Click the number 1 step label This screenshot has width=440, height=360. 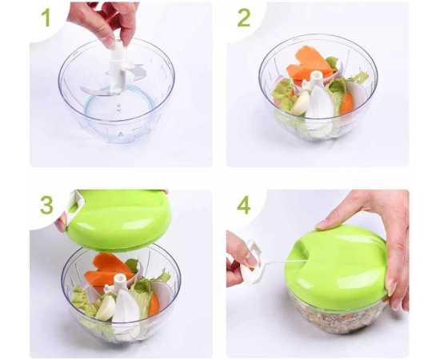coord(46,18)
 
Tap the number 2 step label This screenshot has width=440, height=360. coord(243,18)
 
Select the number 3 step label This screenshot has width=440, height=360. coord(46,204)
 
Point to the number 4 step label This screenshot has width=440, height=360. coord(243,205)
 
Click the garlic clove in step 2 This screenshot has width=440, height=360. coord(299,103)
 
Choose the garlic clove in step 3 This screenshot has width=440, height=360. coord(105,308)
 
